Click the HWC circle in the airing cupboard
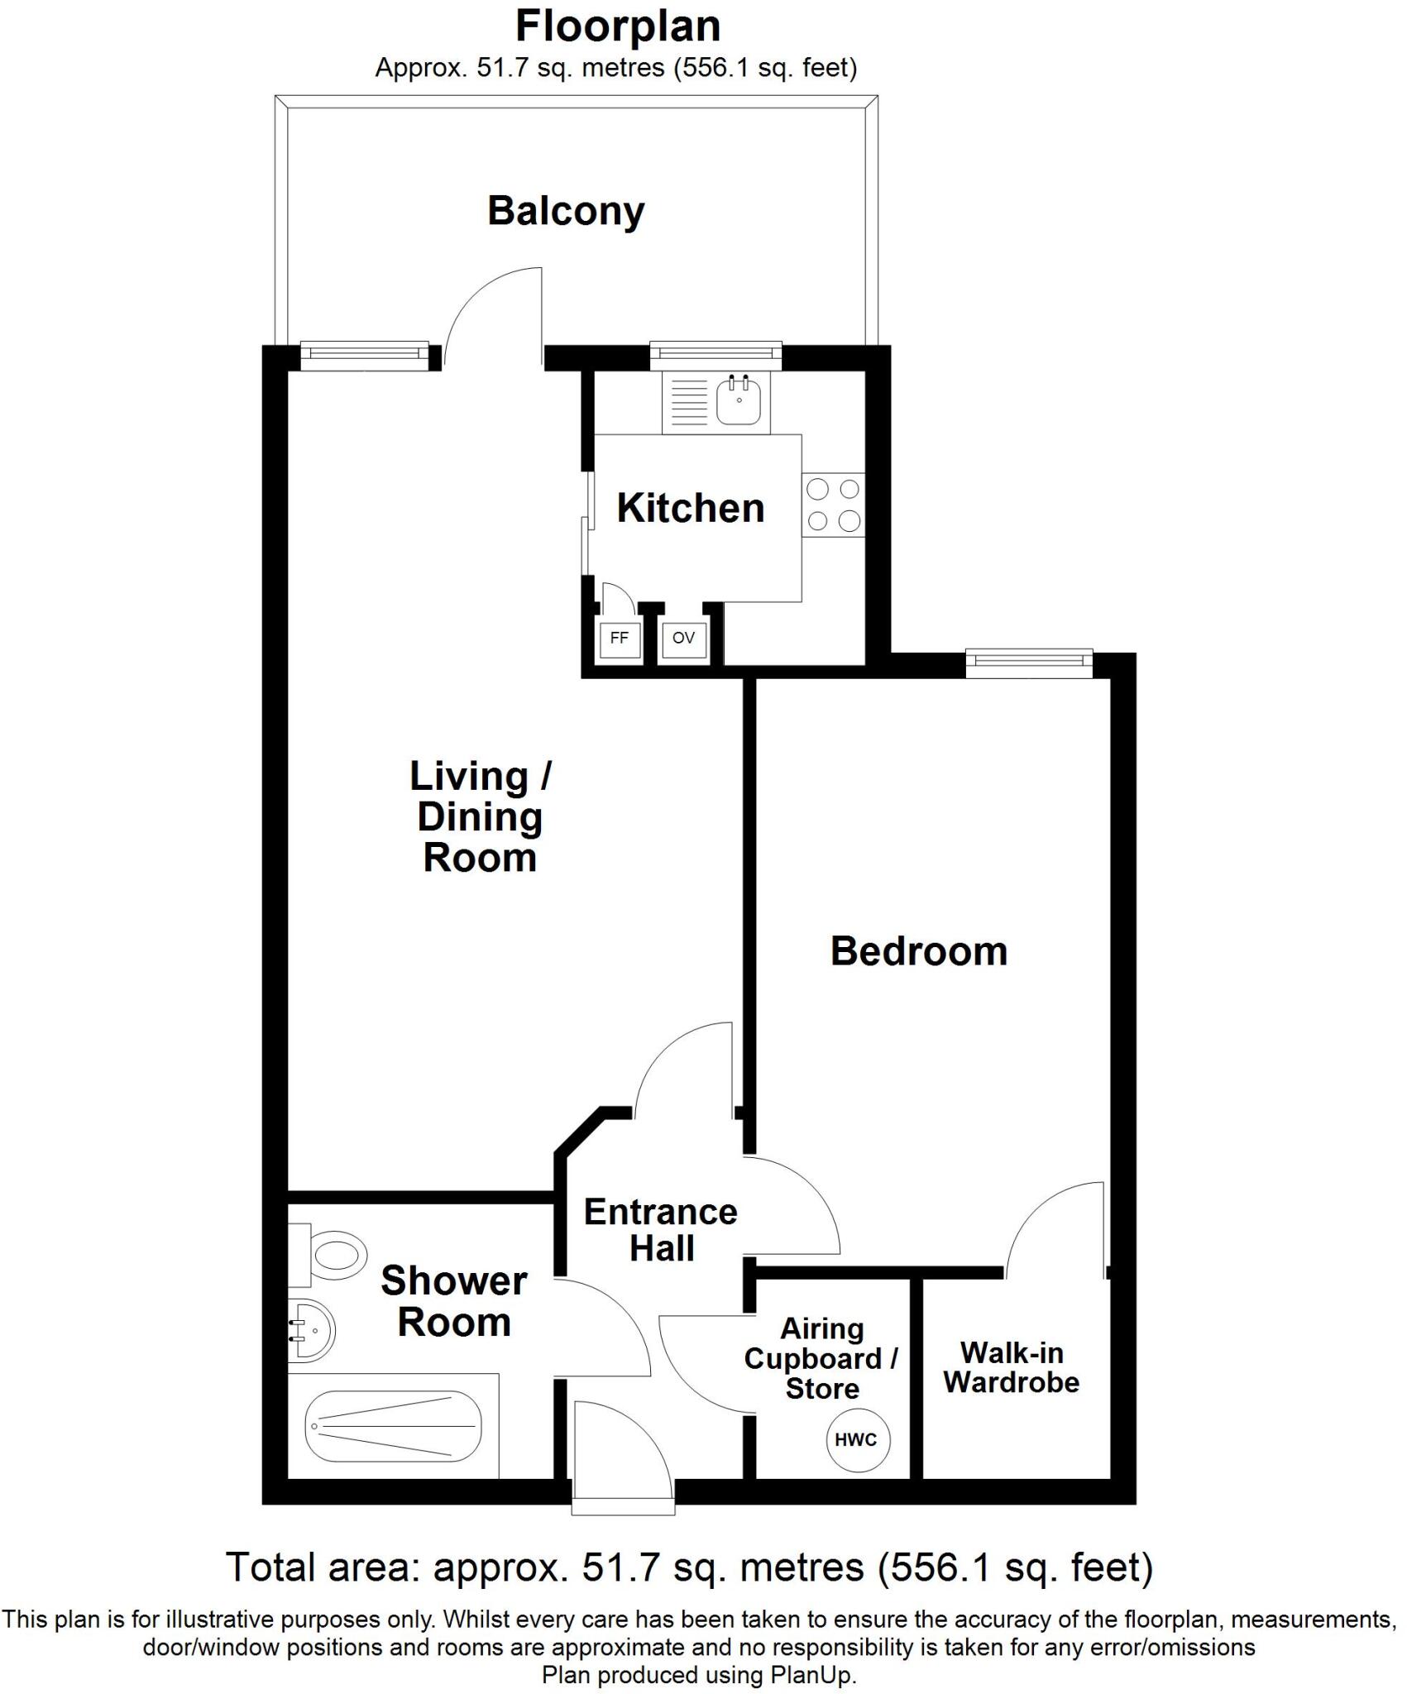coord(855,1439)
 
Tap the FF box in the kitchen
coord(619,639)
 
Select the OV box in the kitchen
coord(683,639)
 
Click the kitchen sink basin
coord(739,400)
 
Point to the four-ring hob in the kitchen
coord(833,505)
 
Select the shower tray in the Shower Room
coord(394,1426)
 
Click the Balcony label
coord(566,211)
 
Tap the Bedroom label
coord(918,951)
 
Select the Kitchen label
coord(690,508)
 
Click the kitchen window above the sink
coord(715,354)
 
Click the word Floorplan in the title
coord(617,26)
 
